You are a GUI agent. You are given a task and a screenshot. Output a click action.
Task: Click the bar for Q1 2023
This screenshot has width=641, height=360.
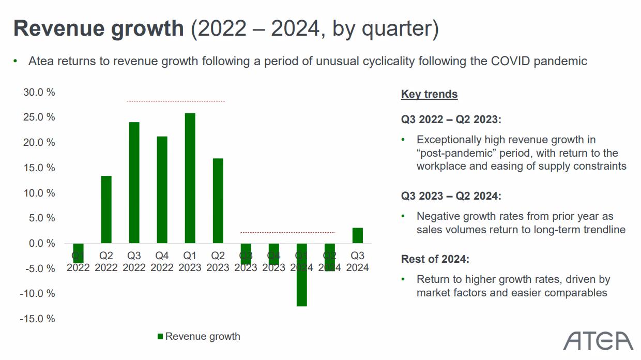click(x=190, y=178)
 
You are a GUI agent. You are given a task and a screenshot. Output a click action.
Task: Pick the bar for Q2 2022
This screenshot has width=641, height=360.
click(x=106, y=209)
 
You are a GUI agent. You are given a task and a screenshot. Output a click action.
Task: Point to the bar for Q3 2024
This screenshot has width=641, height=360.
click(x=357, y=235)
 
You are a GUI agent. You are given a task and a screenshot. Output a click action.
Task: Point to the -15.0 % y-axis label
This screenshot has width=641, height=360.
click(x=37, y=319)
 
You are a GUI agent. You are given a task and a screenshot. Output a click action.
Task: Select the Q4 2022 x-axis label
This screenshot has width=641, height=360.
click(x=162, y=262)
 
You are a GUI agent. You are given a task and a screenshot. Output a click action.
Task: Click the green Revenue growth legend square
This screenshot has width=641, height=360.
click(x=160, y=337)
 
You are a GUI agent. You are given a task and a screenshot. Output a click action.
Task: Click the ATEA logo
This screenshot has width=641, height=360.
click(x=598, y=341)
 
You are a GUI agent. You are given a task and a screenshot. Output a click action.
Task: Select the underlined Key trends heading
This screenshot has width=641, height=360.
click(x=429, y=94)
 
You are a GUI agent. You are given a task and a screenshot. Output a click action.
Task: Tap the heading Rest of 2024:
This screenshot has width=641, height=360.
click(x=435, y=259)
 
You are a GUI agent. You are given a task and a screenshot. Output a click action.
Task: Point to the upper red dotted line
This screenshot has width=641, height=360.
click(x=176, y=101)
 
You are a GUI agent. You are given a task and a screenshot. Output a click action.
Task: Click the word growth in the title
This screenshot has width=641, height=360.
click(x=147, y=28)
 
